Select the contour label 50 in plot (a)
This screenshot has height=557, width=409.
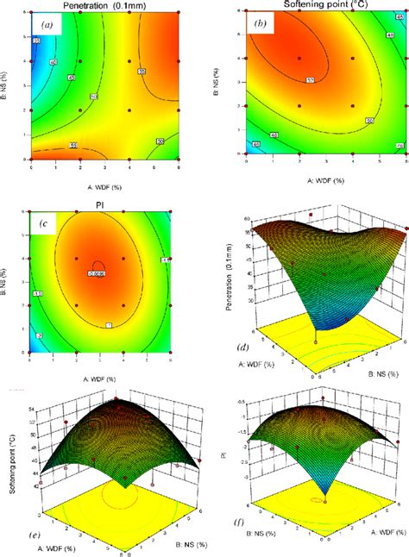click(160, 141)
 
